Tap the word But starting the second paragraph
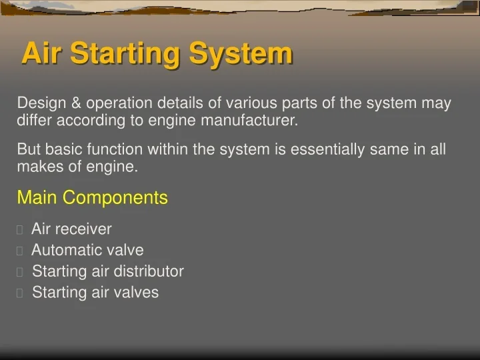click(29, 149)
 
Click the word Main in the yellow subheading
click(37, 197)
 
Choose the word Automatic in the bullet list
click(62, 251)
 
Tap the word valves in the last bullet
click(137, 292)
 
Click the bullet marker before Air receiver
click(20, 230)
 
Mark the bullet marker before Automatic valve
click(20, 251)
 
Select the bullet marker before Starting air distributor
click(20, 272)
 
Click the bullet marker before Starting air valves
click(20, 293)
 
